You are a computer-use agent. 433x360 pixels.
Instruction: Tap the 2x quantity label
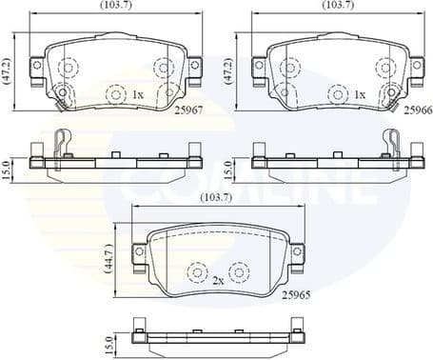219,280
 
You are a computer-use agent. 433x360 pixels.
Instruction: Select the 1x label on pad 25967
138,95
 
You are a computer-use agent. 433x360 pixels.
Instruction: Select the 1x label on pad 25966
360,95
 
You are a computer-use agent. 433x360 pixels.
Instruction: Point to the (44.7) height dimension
109,258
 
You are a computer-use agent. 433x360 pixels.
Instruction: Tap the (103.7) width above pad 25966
338,6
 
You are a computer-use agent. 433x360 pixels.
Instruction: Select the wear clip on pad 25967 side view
63,144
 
